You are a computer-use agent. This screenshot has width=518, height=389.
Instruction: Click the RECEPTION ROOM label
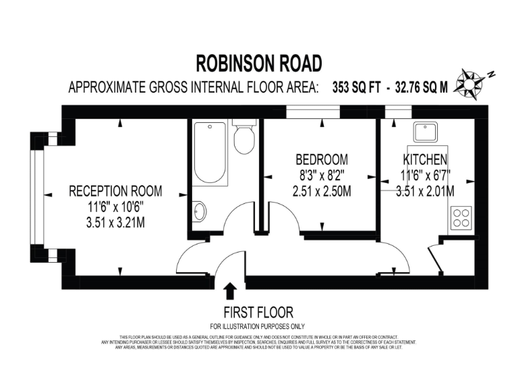(x=115, y=191)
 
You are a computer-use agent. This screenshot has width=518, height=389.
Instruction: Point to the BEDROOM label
(x=322, y=160)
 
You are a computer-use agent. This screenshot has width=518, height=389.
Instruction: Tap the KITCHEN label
(x=425, y=160)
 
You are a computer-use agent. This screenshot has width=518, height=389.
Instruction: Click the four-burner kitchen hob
(x=462, y=217)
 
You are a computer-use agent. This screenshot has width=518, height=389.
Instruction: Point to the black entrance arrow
(x=229, y=290)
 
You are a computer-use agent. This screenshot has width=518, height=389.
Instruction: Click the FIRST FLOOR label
(x=258, y=312)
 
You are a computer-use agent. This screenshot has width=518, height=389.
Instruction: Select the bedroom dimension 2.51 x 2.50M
(x=322, y=192)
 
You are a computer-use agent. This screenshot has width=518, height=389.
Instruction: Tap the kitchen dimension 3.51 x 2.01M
(x=425, y=192)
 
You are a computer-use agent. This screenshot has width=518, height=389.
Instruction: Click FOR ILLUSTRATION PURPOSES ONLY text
(x=258, y=326)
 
